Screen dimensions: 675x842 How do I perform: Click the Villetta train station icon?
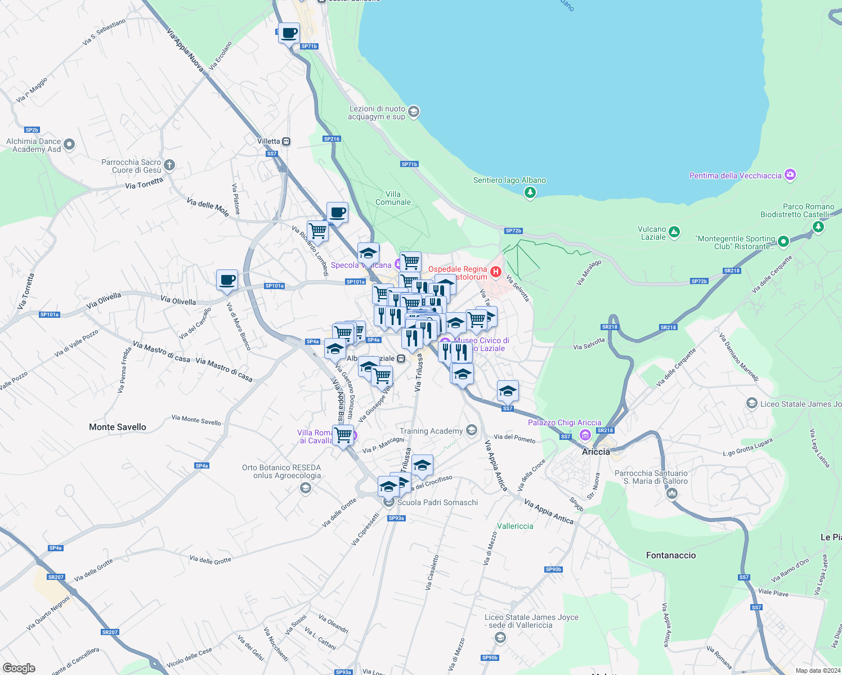[286, 142]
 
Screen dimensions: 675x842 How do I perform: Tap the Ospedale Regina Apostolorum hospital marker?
[495, 272]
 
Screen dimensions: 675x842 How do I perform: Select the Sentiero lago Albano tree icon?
[530, 193]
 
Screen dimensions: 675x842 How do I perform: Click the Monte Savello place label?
[117, 427]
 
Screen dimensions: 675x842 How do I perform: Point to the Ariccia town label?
[596, 452]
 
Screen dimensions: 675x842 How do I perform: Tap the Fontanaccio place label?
[671, 555]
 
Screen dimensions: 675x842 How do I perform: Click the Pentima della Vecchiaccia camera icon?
[790, 175]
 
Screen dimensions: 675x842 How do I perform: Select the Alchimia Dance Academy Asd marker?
[69, 145]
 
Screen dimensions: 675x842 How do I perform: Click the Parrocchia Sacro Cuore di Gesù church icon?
[169, 165]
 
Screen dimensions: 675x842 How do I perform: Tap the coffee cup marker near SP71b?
[289, 33]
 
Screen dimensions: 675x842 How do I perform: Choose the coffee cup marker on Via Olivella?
[227, 280]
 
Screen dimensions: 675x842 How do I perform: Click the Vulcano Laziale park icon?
[674, 232]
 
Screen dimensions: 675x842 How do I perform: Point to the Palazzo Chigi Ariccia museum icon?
[585, 434]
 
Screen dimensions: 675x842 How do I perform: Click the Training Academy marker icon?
[472, 430]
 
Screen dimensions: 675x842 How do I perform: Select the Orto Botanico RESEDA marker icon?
[305, 488]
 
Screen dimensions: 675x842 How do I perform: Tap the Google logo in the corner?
[19, 668]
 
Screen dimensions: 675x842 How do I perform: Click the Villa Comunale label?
[393, 198]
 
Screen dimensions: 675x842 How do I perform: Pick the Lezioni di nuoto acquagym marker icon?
[414, 111]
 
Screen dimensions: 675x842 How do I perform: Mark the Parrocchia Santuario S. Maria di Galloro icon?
[671, 493]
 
